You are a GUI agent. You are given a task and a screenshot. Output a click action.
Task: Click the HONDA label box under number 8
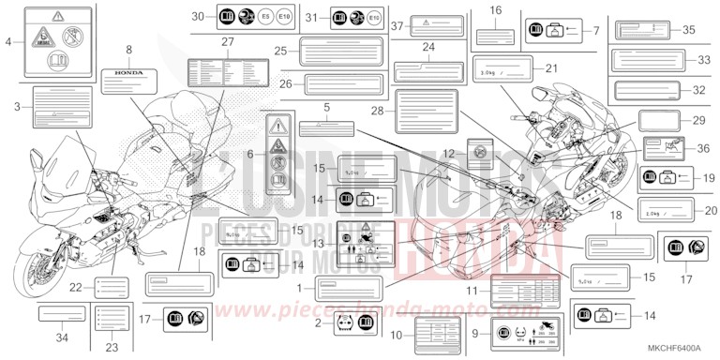[x=129, y=74]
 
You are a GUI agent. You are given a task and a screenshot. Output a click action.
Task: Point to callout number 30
[x=197, y=17]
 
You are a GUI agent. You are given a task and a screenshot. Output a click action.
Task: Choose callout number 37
[x=397, y=25]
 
